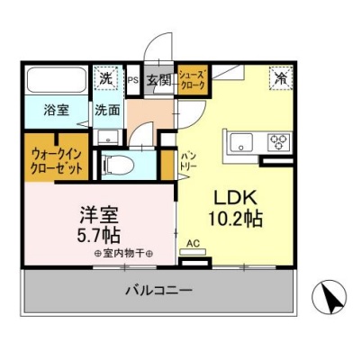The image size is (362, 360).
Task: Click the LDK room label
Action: [x=235, y=199]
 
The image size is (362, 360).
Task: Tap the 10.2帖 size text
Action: [x=236, y=219]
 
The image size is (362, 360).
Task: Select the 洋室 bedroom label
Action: [x=99, y=215]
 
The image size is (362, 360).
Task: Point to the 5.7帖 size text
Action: [x=99, y=235]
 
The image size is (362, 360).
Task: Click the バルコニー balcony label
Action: [x=158, y=291]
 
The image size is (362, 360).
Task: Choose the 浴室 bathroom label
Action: [x=57, y=110]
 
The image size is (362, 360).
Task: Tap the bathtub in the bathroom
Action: [x=57, y=80]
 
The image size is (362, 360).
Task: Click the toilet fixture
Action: [x=118, y=165]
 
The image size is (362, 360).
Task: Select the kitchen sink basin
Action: [x=241, y=142]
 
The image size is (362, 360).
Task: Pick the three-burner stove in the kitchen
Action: [x=279, y=141]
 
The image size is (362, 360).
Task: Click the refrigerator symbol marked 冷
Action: [x=281, y=78]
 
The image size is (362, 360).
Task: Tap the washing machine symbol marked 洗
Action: [x=104, y=78]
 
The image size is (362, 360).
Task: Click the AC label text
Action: [x=193, y=244]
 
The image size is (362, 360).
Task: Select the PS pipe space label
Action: [x=133, y=80]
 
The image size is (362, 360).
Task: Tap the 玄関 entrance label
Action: [x=158, y=80]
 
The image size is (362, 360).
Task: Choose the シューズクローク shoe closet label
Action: [x=193, y=78]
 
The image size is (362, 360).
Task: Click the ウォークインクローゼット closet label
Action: [x=57, y=162]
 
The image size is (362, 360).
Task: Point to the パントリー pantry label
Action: [x=188, y=161]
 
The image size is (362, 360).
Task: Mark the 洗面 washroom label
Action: [x=107, y=111]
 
